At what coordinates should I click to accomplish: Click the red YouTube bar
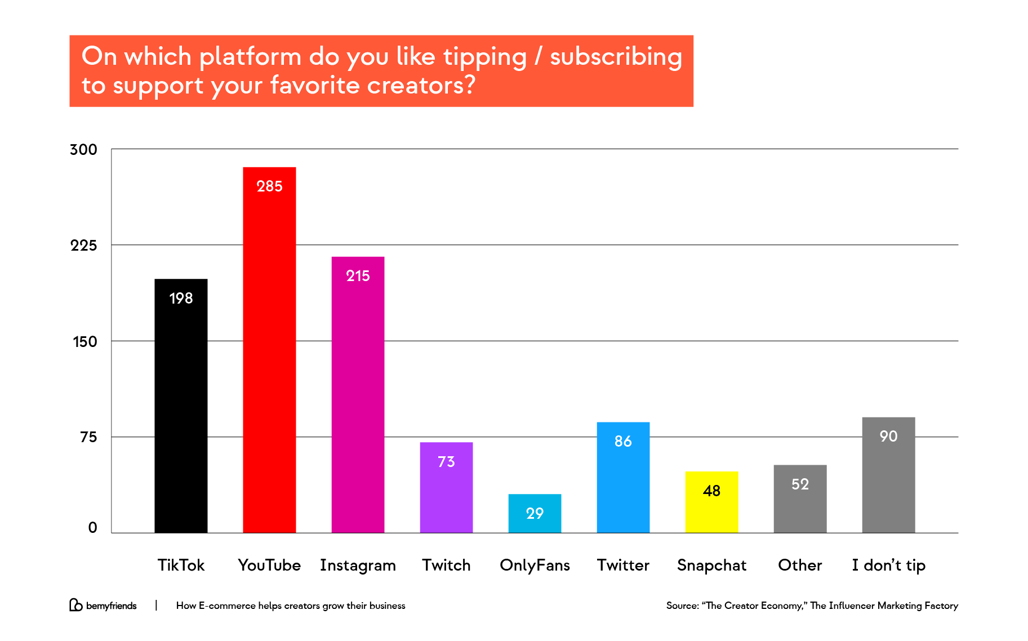pyautogui.click(x=269, y=349)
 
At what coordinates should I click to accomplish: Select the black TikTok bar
pyautogui.click(x=181, y=406)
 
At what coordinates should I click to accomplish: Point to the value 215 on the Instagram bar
pyautogui.click(x=358, y=276)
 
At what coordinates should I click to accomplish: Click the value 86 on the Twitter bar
pyautogui.click(x=623, y=441)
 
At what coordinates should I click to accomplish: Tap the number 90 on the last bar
pyautogui.click(x=888, y=436)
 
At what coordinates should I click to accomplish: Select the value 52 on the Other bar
pyautogui.click(x=800, y=484)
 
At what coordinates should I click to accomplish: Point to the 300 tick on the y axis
pyautogui.click(x=83, y=150)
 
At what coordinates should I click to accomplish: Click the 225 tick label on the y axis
pyautogui.click(x=83, y=246)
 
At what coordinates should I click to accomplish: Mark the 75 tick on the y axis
pyautogui.click(x=88, y=437)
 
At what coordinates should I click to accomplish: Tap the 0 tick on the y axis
pyautogui.click(x=93, y=528)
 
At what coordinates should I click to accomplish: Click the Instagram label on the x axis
pyautogui.click(x=358, y=565)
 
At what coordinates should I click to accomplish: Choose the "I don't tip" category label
pyautogui.click(x=888, y=565)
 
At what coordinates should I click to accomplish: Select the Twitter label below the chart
pyautogui.click(x=623, y=565)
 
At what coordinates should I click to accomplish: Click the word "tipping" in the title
pyautogui.click(x=485, y=57)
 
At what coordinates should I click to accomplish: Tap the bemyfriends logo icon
pyautogui.click(x=75, y=605)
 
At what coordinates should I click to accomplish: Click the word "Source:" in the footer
pyautogui.click(x=682, y=606)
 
